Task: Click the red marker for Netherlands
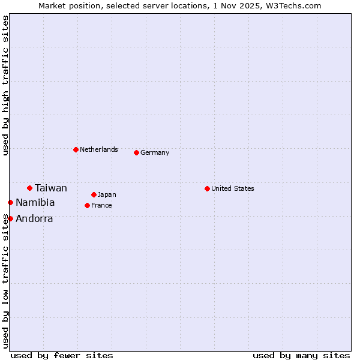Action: pos(76,149)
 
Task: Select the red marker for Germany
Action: pos(136,152)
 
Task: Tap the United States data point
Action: pos(207,188)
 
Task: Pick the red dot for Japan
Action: pos(94,194)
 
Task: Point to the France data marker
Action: pos(87,205)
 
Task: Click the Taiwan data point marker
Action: pos(29,188)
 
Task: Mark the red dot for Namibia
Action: pos(10,202)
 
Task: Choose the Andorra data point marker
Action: pos(10,218)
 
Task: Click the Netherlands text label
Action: pos(99,149)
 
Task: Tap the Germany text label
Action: pos(155,152)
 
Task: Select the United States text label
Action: pos(233,188)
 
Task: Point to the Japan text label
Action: pos(107,194)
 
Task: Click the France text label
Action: pos(101,205)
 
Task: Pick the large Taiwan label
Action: pos(51,188)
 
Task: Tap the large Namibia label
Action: pos(35,202)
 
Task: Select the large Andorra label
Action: pos(34,218)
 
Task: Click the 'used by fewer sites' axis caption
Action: pos(62,355)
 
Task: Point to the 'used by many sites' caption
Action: pos(301,355)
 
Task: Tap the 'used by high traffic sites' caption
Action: pos(5,85)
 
